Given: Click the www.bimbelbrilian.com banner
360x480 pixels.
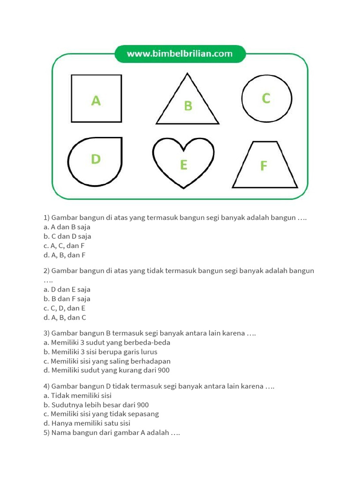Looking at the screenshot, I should [x=180, y=54].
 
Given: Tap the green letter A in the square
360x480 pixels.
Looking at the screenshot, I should [x=96, y=100].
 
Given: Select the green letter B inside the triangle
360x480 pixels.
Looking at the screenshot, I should [x=188, y=106].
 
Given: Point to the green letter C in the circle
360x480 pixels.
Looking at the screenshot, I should [x=266, y=98].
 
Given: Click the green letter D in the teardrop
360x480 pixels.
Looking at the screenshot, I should [x=96, y=159].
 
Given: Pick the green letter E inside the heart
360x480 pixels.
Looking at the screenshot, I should [x=183, y=165].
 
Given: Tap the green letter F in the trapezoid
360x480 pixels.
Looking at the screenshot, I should [x=264, y=166].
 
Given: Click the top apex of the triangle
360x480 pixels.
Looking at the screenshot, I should [x=187, y=74].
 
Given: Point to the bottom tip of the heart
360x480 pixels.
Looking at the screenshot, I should [x=183, y=188].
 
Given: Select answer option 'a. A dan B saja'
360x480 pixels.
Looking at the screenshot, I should [x=67, y=227].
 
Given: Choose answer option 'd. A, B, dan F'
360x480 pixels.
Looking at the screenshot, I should [x=65, y=255].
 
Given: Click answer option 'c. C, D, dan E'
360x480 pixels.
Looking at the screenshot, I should [x=64, y=308].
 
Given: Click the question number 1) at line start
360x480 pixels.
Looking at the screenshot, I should [x=46, y=217].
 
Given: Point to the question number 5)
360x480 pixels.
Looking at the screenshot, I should [x=46, y=433].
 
